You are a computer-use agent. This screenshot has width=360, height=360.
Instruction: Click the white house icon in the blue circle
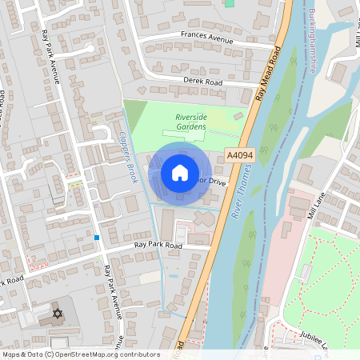180,173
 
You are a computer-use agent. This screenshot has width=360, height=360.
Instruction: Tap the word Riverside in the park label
190,118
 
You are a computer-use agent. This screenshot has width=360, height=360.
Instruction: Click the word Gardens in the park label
190,127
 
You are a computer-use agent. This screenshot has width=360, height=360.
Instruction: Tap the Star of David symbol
57,313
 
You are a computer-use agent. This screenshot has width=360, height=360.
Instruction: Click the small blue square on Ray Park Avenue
97,237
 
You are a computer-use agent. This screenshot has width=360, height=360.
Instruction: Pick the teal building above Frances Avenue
230,3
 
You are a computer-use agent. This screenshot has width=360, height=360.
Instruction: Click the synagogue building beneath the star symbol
57,324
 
